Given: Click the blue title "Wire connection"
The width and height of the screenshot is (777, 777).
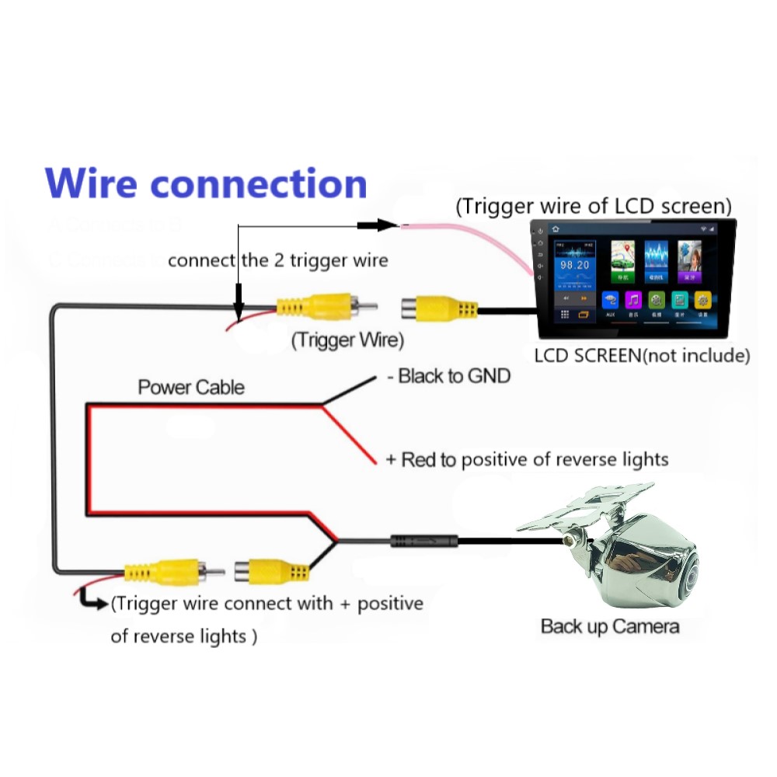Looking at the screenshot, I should pos(206,184).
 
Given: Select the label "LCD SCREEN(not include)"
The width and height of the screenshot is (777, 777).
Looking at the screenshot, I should pos(642,357).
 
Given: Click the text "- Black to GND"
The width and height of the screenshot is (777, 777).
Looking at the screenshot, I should pos(448,377).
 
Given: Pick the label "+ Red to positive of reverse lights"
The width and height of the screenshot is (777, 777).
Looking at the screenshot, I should pos(527,459).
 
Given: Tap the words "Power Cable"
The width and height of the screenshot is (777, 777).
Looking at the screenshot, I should pos(191,387).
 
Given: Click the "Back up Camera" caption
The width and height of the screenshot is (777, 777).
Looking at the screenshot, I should pos(610,626).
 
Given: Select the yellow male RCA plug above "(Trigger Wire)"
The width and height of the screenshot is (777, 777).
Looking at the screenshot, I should pos(315,308).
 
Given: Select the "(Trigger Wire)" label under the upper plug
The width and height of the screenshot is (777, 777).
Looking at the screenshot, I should pos(347,340).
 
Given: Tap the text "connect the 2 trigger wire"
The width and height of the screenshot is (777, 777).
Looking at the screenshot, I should pos(277,260).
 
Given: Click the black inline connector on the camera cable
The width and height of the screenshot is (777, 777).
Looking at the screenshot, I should pos(423,538).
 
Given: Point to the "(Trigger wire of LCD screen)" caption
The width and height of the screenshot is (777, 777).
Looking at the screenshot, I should pos(594,207).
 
